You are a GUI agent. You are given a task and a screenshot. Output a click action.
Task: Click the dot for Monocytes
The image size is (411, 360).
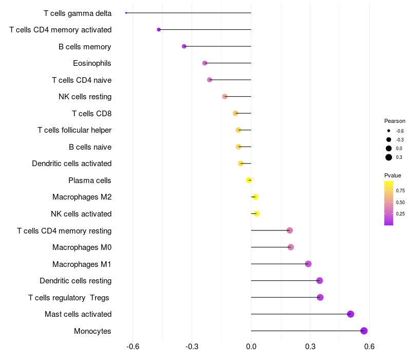(364, 331)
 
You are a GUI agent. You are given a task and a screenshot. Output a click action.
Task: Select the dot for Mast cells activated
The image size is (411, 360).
(350, 314)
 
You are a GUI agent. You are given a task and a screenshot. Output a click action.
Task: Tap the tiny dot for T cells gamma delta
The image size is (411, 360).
(126, 13)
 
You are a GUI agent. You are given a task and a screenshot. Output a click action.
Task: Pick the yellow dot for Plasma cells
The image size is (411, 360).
(249, 180)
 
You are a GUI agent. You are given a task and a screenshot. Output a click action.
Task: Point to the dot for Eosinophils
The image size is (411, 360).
(204, 63)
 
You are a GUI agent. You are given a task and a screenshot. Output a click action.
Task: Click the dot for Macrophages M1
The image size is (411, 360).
(308, 264)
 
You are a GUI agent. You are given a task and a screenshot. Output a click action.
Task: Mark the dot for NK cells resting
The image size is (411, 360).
(225, 97)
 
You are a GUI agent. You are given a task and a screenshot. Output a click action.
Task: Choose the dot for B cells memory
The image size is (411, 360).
(184, 46)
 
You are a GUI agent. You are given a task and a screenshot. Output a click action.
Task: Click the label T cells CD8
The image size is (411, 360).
(91, 113)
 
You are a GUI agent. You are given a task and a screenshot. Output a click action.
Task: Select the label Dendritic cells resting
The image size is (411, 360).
(76, 281)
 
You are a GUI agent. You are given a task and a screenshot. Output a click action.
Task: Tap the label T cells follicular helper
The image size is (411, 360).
(74, 130)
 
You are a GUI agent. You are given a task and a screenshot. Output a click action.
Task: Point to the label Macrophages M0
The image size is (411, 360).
(82, 247)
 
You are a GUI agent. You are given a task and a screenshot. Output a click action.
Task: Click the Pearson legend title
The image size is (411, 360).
(395, 121)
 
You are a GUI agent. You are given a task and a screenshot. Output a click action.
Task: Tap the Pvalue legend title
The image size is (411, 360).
(393, 175)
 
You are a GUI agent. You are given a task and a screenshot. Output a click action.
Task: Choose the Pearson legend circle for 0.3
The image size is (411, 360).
(389, 157)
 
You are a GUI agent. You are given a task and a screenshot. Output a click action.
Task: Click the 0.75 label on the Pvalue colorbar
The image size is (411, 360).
(400, 190)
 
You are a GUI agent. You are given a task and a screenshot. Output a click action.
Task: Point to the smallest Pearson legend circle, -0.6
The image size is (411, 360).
(389, 131)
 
